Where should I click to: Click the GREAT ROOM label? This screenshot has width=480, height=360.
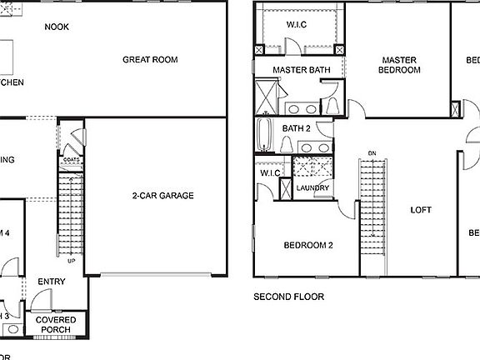[x=150, y=59]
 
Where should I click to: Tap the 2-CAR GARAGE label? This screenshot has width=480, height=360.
[x=162, y=196]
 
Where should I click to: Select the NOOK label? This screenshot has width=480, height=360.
[x=57, y=27]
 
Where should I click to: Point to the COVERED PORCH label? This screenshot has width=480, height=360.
[x=57, y=325]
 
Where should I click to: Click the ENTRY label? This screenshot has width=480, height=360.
[x=52, y=282]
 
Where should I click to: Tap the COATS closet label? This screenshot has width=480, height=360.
[x=72, y=159]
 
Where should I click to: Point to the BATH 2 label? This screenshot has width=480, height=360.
[x=296, y=128]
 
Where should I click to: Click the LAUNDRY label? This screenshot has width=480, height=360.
[x=313, y=187]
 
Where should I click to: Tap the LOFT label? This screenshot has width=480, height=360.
[x=421, y=210]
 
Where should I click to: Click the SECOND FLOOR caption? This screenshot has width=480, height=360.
[x=288, y=296]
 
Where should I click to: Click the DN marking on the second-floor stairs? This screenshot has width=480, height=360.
[x=372, y=152]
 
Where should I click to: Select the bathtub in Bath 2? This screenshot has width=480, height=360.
[x=265, y=136]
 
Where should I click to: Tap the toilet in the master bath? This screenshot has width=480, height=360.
[x=330, y=105]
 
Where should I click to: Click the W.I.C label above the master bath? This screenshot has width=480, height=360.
[x=297, y=24]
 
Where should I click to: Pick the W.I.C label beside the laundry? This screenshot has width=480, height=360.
[x=270, y=172]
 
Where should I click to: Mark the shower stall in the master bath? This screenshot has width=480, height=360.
[x=267, y=95]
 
